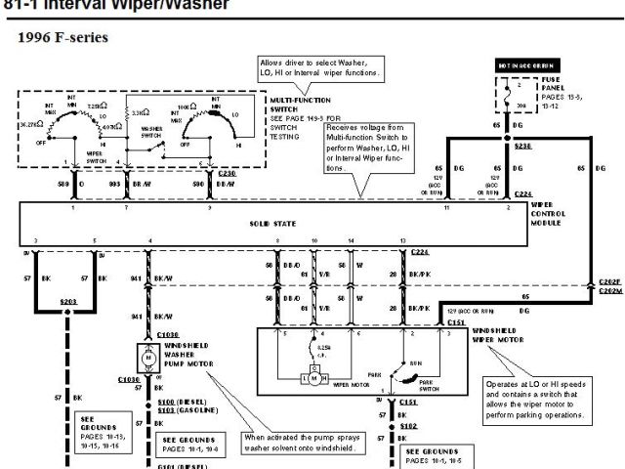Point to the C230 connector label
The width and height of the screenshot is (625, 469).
point(228,173)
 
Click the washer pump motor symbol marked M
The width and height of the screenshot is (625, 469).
point(149,358)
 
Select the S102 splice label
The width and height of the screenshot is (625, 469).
point(408,426)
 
